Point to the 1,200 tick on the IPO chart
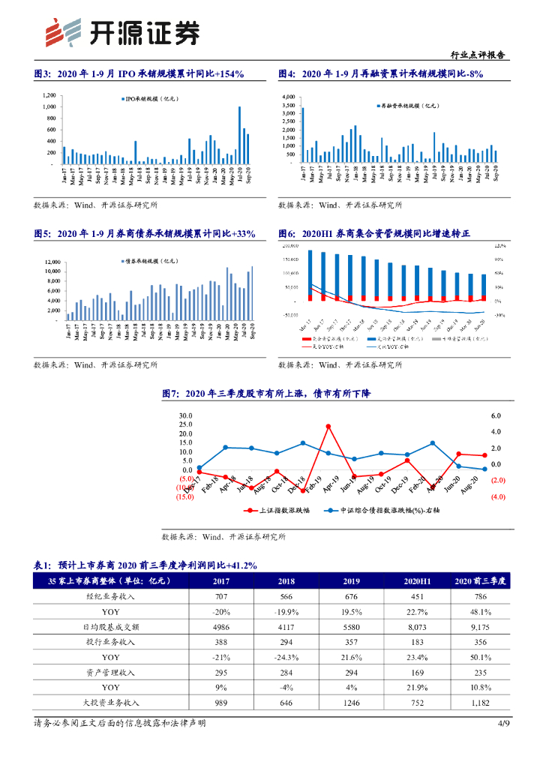pos(49,95)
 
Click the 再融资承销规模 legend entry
pos(406,106)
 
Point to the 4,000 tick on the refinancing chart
pos(289,97)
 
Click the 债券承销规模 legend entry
pos(148,260)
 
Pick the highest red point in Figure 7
pos(328,426)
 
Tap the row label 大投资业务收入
pos(111,703)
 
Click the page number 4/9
pos(504,724)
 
